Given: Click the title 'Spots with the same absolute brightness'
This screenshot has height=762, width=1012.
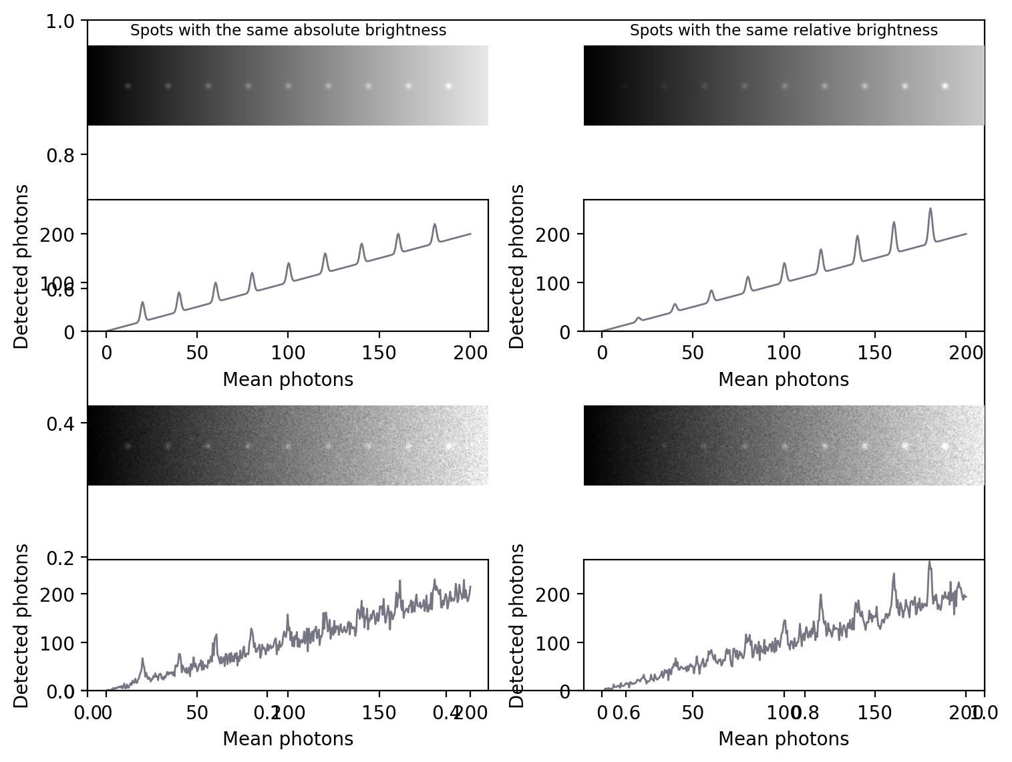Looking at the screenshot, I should pos(288,31).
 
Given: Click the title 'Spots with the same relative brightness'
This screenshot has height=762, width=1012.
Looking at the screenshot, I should pos(784,31).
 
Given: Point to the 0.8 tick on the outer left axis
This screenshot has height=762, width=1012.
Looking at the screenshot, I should pos(60,156).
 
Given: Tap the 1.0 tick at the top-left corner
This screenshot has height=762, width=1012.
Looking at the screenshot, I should pos(60,21).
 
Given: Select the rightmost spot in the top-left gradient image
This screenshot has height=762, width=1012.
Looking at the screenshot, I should pos(448,86).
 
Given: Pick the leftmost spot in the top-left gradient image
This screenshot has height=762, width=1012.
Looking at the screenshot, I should pos(128,86).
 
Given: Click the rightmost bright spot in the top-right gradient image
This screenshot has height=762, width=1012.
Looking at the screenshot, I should pos(945,86).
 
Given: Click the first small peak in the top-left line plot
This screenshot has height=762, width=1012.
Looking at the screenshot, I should pos(142,303).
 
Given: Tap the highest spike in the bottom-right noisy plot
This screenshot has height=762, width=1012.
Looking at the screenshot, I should pos(929,562).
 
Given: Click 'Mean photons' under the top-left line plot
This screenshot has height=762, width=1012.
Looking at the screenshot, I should pos(288,380).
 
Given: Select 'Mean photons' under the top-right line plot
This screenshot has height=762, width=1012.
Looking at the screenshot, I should pos(784,380).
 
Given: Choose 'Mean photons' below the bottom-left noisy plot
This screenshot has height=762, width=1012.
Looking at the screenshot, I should pos(288,739).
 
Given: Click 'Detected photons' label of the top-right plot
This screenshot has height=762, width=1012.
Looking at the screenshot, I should pos(517,266).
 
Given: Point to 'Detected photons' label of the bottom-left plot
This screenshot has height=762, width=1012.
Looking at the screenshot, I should pos(21,625).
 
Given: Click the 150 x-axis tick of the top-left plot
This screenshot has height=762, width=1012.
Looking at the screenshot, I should pos(379,353).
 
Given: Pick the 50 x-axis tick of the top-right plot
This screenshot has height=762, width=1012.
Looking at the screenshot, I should pos(693,353).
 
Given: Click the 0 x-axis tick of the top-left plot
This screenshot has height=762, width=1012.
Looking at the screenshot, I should pos(106,353).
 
